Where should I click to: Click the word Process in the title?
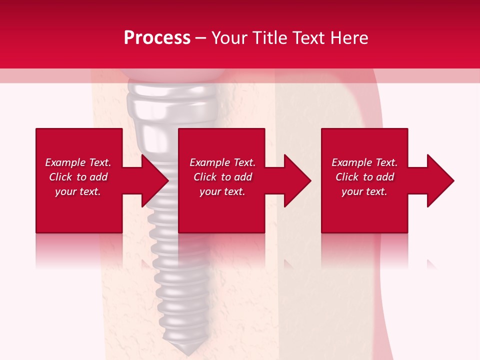(x=157, y=37)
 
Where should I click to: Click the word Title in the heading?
(x=269, y=37)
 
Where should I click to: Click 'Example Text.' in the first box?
(x=78, y=162)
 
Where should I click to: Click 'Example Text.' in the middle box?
(x=222, y=162)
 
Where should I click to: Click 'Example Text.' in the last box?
(x=364, y=162)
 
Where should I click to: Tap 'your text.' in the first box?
(x=78, y=191)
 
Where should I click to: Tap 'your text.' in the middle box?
(x=222, y=191)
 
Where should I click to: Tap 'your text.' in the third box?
(x=364, y=191)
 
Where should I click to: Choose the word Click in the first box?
(x=61, y=177)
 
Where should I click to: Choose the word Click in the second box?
(x=205, y=177)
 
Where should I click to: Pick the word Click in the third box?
(x=347, y=177)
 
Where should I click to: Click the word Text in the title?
(x=310, y=37)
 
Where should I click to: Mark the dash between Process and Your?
(x=201, y=38)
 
